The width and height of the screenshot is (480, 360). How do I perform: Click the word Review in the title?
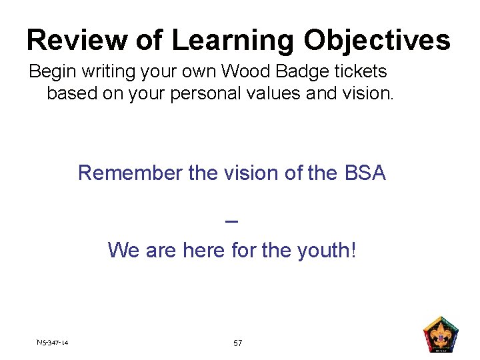point(65,41)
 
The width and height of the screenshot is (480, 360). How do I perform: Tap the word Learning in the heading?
point(232,41)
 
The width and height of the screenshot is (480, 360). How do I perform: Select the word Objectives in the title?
point(377,41)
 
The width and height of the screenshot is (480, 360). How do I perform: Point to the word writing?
point(111,71)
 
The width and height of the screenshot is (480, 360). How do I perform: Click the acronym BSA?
point(365,173)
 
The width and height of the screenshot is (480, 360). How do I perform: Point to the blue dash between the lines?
point(232,222)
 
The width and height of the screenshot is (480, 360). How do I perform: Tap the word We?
point(123,251)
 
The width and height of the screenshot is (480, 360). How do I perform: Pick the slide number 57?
point(238,343)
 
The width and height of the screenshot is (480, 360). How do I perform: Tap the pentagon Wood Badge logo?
point(441,334)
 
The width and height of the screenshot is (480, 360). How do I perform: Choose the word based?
point(71,93)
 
